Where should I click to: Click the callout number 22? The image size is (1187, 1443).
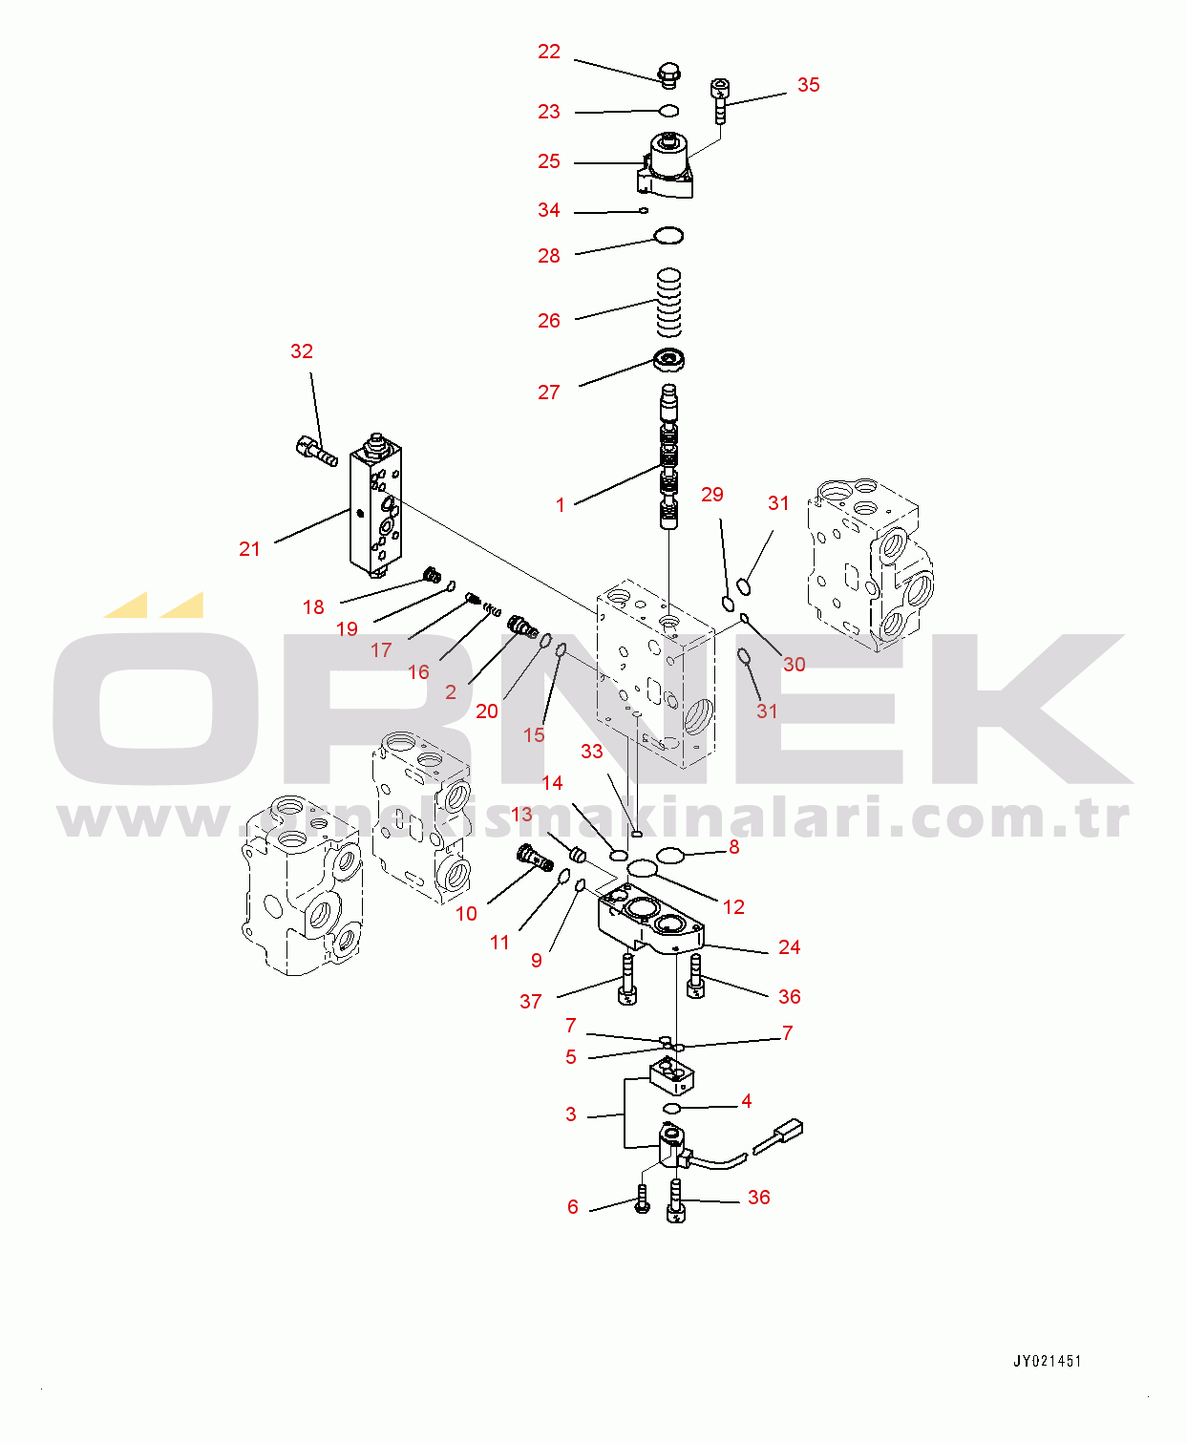pyautogui.click(x=549, y=52)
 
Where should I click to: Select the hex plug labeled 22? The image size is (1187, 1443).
pyautogui.click(x=668, y=74)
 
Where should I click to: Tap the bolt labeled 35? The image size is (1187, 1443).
pyautogui.click(x=719, y=100)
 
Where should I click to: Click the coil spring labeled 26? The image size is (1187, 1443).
pyautogui.click(x=669, y=302)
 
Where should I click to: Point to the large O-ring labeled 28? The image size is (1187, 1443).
pyautogui.click(x=668, y=235)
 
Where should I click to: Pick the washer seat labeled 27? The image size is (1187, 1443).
pyautogui.click(x=668, y=361)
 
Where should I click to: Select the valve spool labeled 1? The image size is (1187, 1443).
pyautogui.click(x=669, y=456)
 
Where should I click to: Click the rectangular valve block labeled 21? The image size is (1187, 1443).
pyautogui.click(x=375, y=506)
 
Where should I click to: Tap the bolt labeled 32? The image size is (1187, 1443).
pyautogui.click(x=317, y=452)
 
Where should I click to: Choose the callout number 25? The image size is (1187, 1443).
pyautogui.click(x=549, y=161)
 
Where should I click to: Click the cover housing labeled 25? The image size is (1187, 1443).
pyautogui.click(x=666, y=165)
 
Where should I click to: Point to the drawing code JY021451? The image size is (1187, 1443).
pyautogui.click(x=1048, y=1362)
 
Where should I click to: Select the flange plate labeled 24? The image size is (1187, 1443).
pyautogui.click(x=650, y=920)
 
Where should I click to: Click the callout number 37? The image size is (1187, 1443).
pyautogui.click(x=530, y=1002)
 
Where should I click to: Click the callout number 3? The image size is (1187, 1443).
pyautogui.click(x=570, y=1114)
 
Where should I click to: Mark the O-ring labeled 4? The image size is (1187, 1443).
pyautogui.click(x=672, y=1109)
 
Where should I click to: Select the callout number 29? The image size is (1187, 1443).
pyautogui.click(x=712, y=495)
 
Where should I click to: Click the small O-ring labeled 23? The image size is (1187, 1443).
pyautogui.click(x=668, y=110)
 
